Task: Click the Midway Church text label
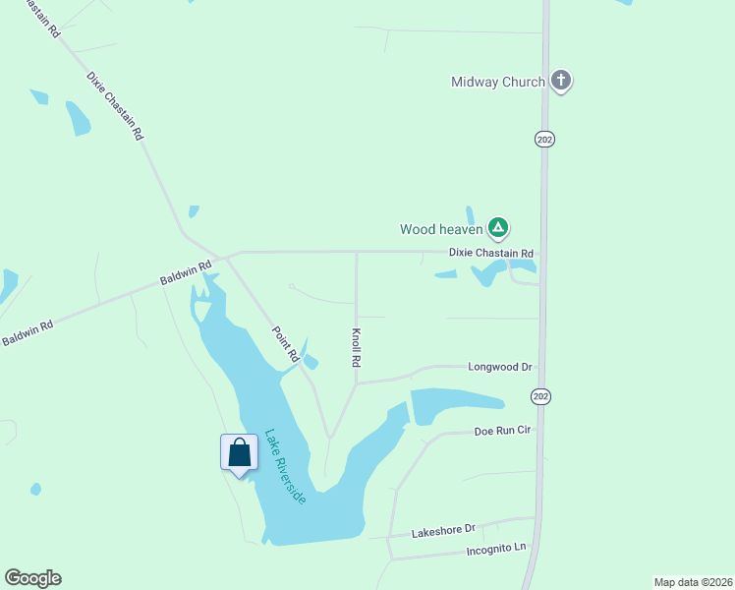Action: [x=497, y=82]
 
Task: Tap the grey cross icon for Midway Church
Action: [x=561, y=81]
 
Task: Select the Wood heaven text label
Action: [x=441, y=229]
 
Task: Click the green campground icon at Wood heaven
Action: [x=498, y=229]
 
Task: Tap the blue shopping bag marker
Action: [x=239, y=453]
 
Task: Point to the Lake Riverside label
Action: [x=285, y=466]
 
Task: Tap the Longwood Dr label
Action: [x=499, y=367]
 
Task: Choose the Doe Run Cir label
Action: [x=502, y=431]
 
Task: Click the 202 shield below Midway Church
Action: [x=544, y=140]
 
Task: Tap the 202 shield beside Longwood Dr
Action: [x=540, y=396]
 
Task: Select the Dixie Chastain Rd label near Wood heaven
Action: [x=490, y=253]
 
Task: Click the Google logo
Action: [x=32, y=578]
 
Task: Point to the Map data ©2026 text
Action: [x=692, y=581]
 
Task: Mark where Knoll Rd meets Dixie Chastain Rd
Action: [x=357, y=252]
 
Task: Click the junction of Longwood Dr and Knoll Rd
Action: [x=357, y=383]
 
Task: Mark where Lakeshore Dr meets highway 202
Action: [x=537, y=517]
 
